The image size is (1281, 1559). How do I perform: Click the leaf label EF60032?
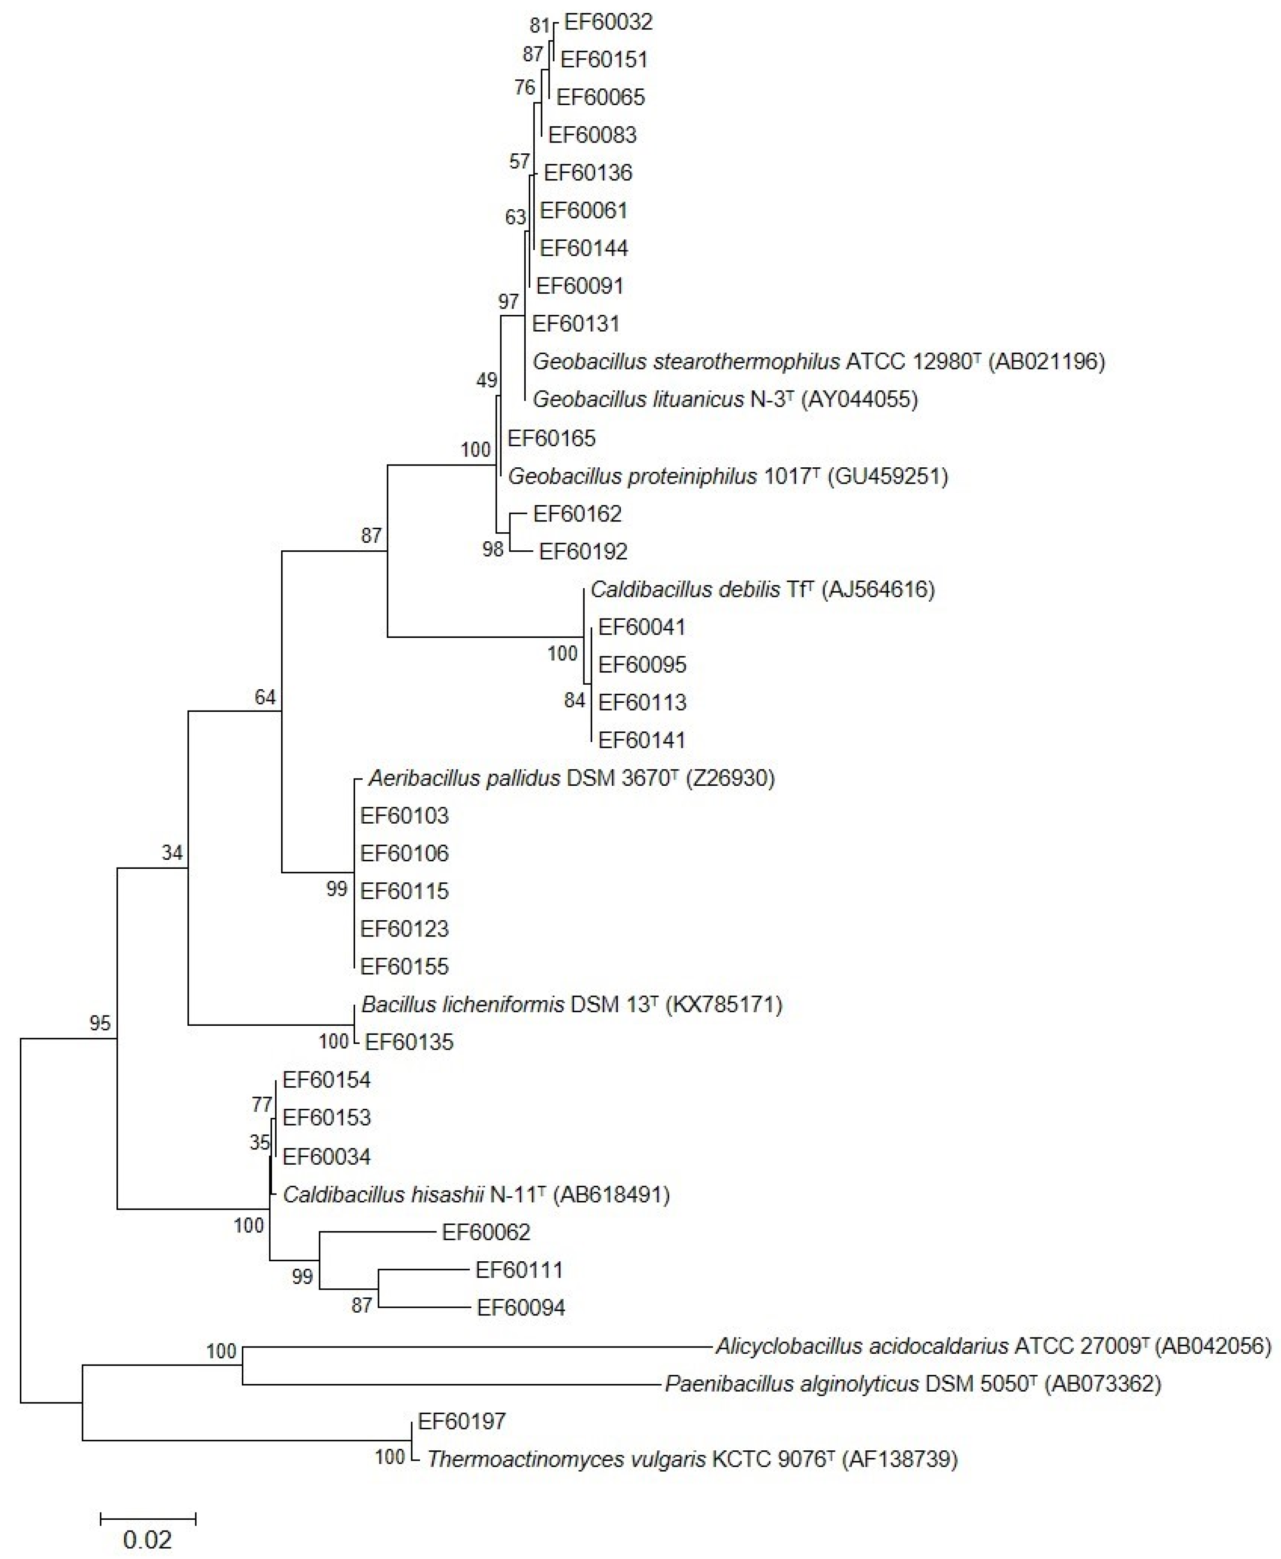pos(608,22)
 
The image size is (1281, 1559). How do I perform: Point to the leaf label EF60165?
pos(551,438)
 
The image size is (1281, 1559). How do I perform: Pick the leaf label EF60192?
pos(583,552)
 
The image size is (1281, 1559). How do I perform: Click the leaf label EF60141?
pos(642,740)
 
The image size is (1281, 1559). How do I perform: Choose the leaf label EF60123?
pos(404,929)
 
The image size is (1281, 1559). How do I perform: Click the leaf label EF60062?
pos(486,1232)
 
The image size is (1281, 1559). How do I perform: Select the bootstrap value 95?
pos(100,1024)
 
